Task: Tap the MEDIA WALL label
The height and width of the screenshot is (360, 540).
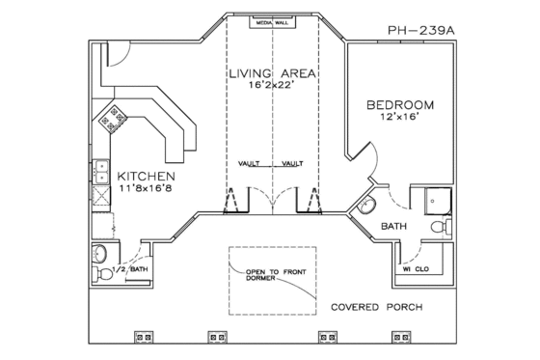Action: tap(269, 22)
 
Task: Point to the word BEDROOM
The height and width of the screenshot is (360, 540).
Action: tap(399, 103)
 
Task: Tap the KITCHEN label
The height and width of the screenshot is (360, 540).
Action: tap(146, 177)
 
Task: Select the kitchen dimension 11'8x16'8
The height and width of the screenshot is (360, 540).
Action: tap(146, 190)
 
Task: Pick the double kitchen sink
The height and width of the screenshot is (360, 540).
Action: tap(101, 172)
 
